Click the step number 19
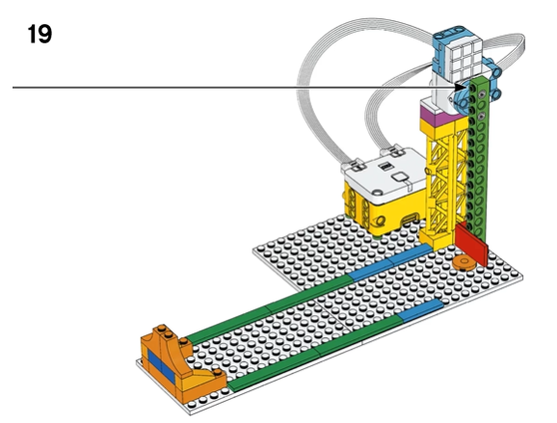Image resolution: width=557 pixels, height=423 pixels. [40, 34]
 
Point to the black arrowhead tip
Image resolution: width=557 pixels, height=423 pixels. [468, 87]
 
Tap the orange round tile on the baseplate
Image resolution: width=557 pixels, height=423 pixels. [464, 262]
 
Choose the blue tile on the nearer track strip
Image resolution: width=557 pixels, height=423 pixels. [421, 310]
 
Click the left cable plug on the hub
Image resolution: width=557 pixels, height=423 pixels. [354, 165]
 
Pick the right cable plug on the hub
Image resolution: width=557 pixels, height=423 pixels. [393, 151]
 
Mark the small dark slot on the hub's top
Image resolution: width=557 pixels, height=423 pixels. [385, 166]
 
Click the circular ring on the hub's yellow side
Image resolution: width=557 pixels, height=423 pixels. [380, 222]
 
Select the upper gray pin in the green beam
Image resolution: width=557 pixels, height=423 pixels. [482, 94]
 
